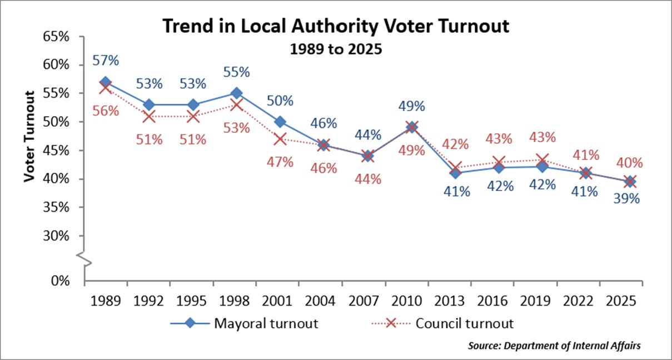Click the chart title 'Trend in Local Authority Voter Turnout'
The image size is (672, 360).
click(x=335, y=26)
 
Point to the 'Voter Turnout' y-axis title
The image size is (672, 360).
click(x=29, y=137)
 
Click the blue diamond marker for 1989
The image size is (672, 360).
click(x=106, y=82)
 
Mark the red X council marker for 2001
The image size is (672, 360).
click(x=280, y=139)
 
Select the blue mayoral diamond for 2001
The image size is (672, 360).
click(x=280, y=122)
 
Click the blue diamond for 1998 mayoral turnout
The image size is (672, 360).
click(x=236, y=93)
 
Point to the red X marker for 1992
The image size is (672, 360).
click(x=149, y=116)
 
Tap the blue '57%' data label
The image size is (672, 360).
click(x=106, y=60)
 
